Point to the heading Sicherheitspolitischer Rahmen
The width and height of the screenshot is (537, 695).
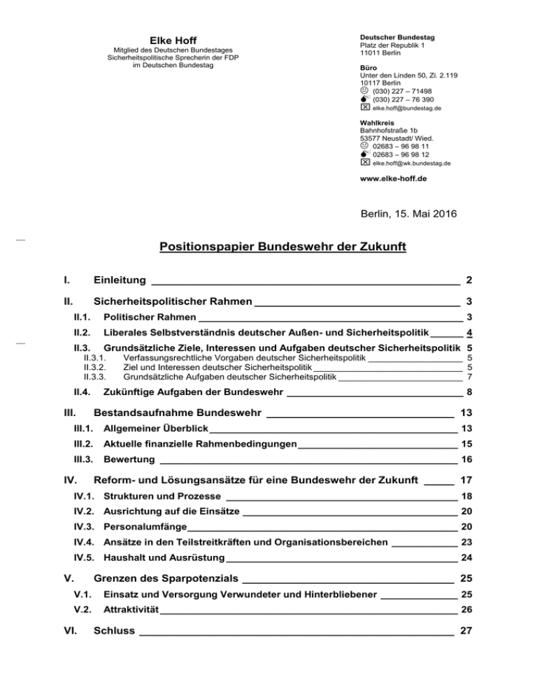pos(172,303)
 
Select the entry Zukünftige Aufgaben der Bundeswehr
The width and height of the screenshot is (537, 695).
pos(193,392)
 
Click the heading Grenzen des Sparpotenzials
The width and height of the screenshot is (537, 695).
pos(166,579)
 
